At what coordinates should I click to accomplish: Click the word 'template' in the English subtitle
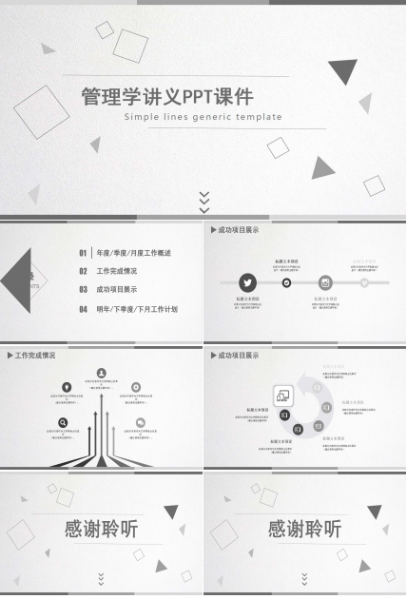point(257,117)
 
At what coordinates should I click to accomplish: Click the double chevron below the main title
point(203,201)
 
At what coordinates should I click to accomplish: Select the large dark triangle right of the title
point(343,71)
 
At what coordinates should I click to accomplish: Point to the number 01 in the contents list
point(83,254)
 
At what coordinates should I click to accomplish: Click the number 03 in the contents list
point(83,290)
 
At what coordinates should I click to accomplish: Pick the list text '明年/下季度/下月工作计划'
point(137,309)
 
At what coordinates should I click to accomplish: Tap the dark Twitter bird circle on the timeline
point(248,282)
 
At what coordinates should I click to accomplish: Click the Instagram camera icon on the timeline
point(325,282)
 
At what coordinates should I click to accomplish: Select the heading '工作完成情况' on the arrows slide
point(35,356)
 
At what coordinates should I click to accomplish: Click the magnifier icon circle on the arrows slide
point(63,423)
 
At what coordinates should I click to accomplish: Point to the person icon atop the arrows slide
point(102,373)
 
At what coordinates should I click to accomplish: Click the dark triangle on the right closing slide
point(373,512)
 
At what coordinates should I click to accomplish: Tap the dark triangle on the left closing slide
point(170,512)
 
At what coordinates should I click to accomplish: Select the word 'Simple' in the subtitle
point(143,117)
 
